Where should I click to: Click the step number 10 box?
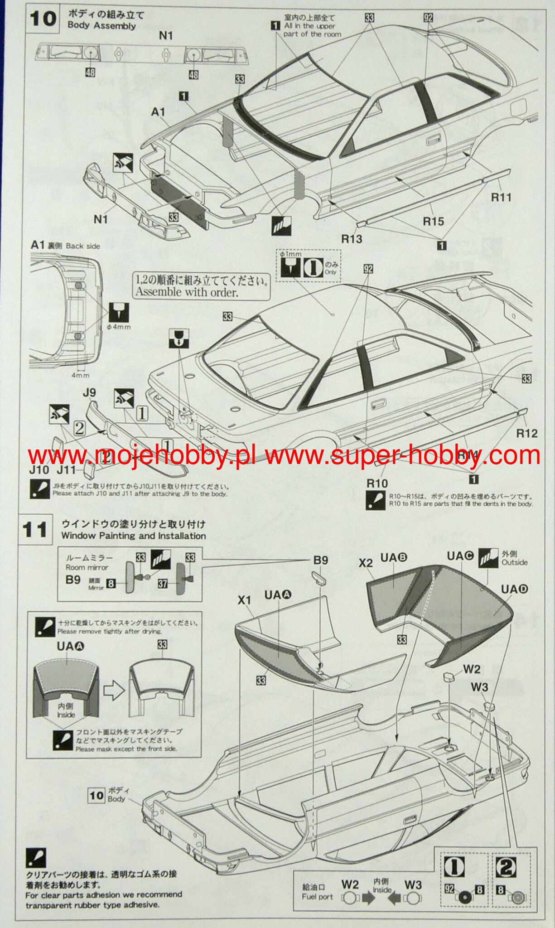point(43,19)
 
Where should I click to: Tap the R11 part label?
point(501,197)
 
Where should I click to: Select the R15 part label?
point(433,221)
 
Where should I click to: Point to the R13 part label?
point(352,238)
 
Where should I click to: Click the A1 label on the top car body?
point(158,111)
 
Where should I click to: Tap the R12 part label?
point(527,433)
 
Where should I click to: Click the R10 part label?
point(377,483)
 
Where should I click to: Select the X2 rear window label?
point(365,563)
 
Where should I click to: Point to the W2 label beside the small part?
point(472,669)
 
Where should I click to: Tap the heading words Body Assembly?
point(101,26)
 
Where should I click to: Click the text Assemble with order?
point(186,292)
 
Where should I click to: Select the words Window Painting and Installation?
point(133,536)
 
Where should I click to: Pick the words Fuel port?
point(317,897)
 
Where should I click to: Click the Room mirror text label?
point(87,567)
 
